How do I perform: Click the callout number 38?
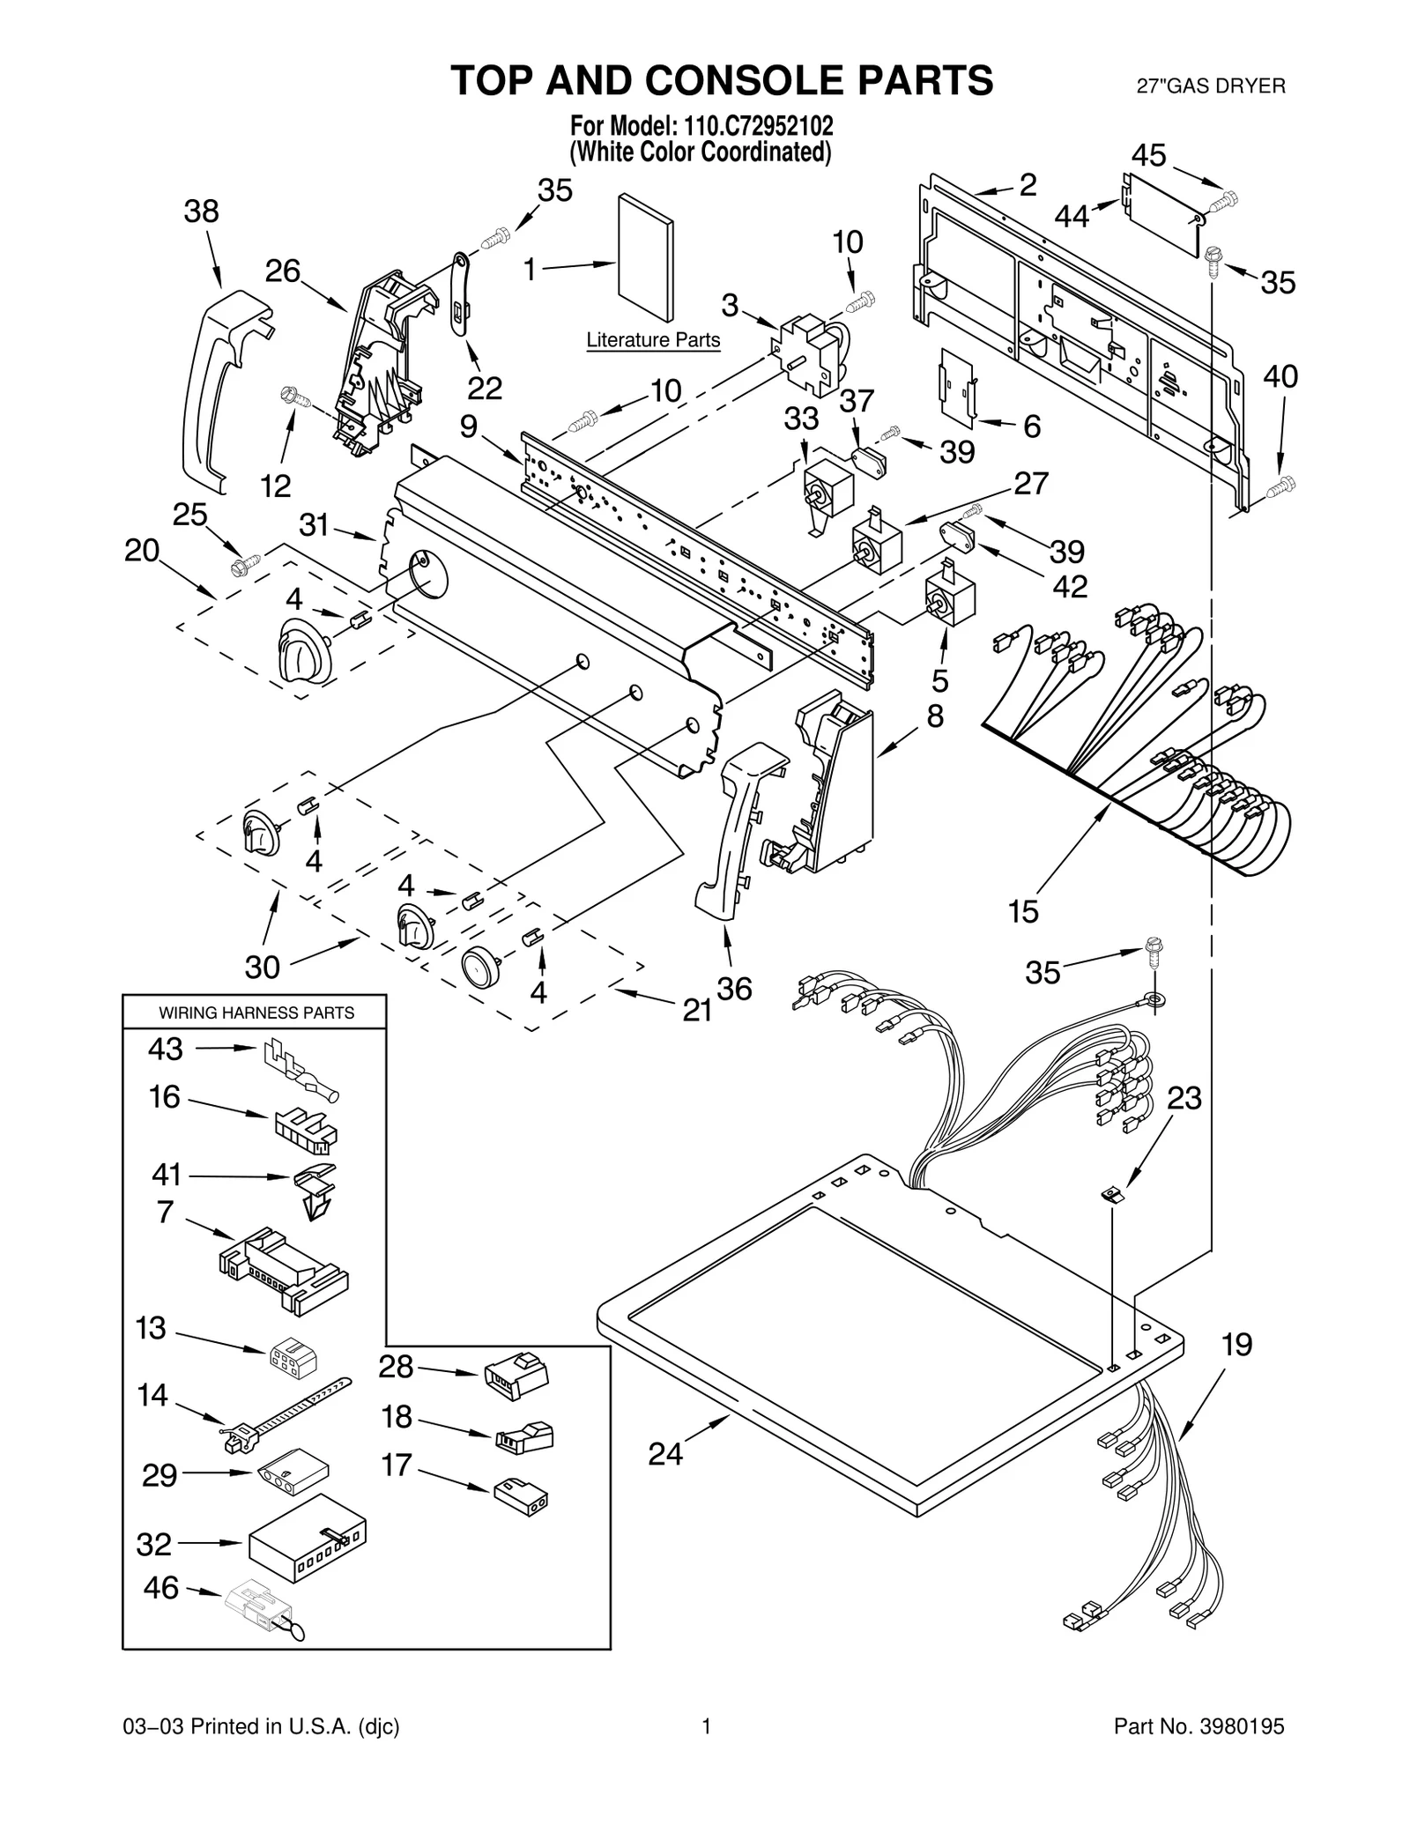201,211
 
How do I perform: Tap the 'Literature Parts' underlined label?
653,340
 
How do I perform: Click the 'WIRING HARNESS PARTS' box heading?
256,1013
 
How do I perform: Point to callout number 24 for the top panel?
665,1453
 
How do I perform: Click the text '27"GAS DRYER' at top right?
1210,85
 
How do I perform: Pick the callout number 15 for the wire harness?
1023,911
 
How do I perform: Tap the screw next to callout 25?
245,560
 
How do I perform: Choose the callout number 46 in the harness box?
160,1587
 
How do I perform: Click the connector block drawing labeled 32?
307,1539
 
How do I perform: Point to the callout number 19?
1236,1345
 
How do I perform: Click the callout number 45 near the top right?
1149,156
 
